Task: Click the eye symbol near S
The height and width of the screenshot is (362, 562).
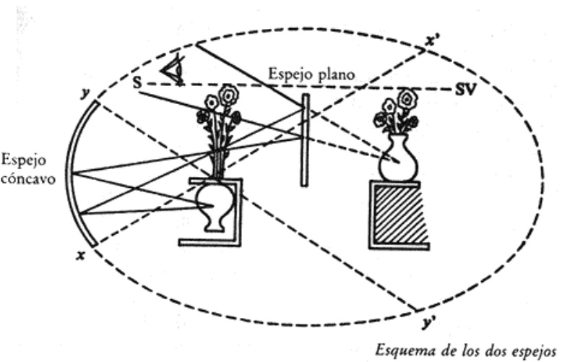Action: [x=171, y=69]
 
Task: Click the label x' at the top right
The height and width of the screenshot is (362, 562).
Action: [x=433, y=41]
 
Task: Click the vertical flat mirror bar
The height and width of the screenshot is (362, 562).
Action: [x=306, y=137]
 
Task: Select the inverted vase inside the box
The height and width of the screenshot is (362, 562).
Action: [x=212, y=206]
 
